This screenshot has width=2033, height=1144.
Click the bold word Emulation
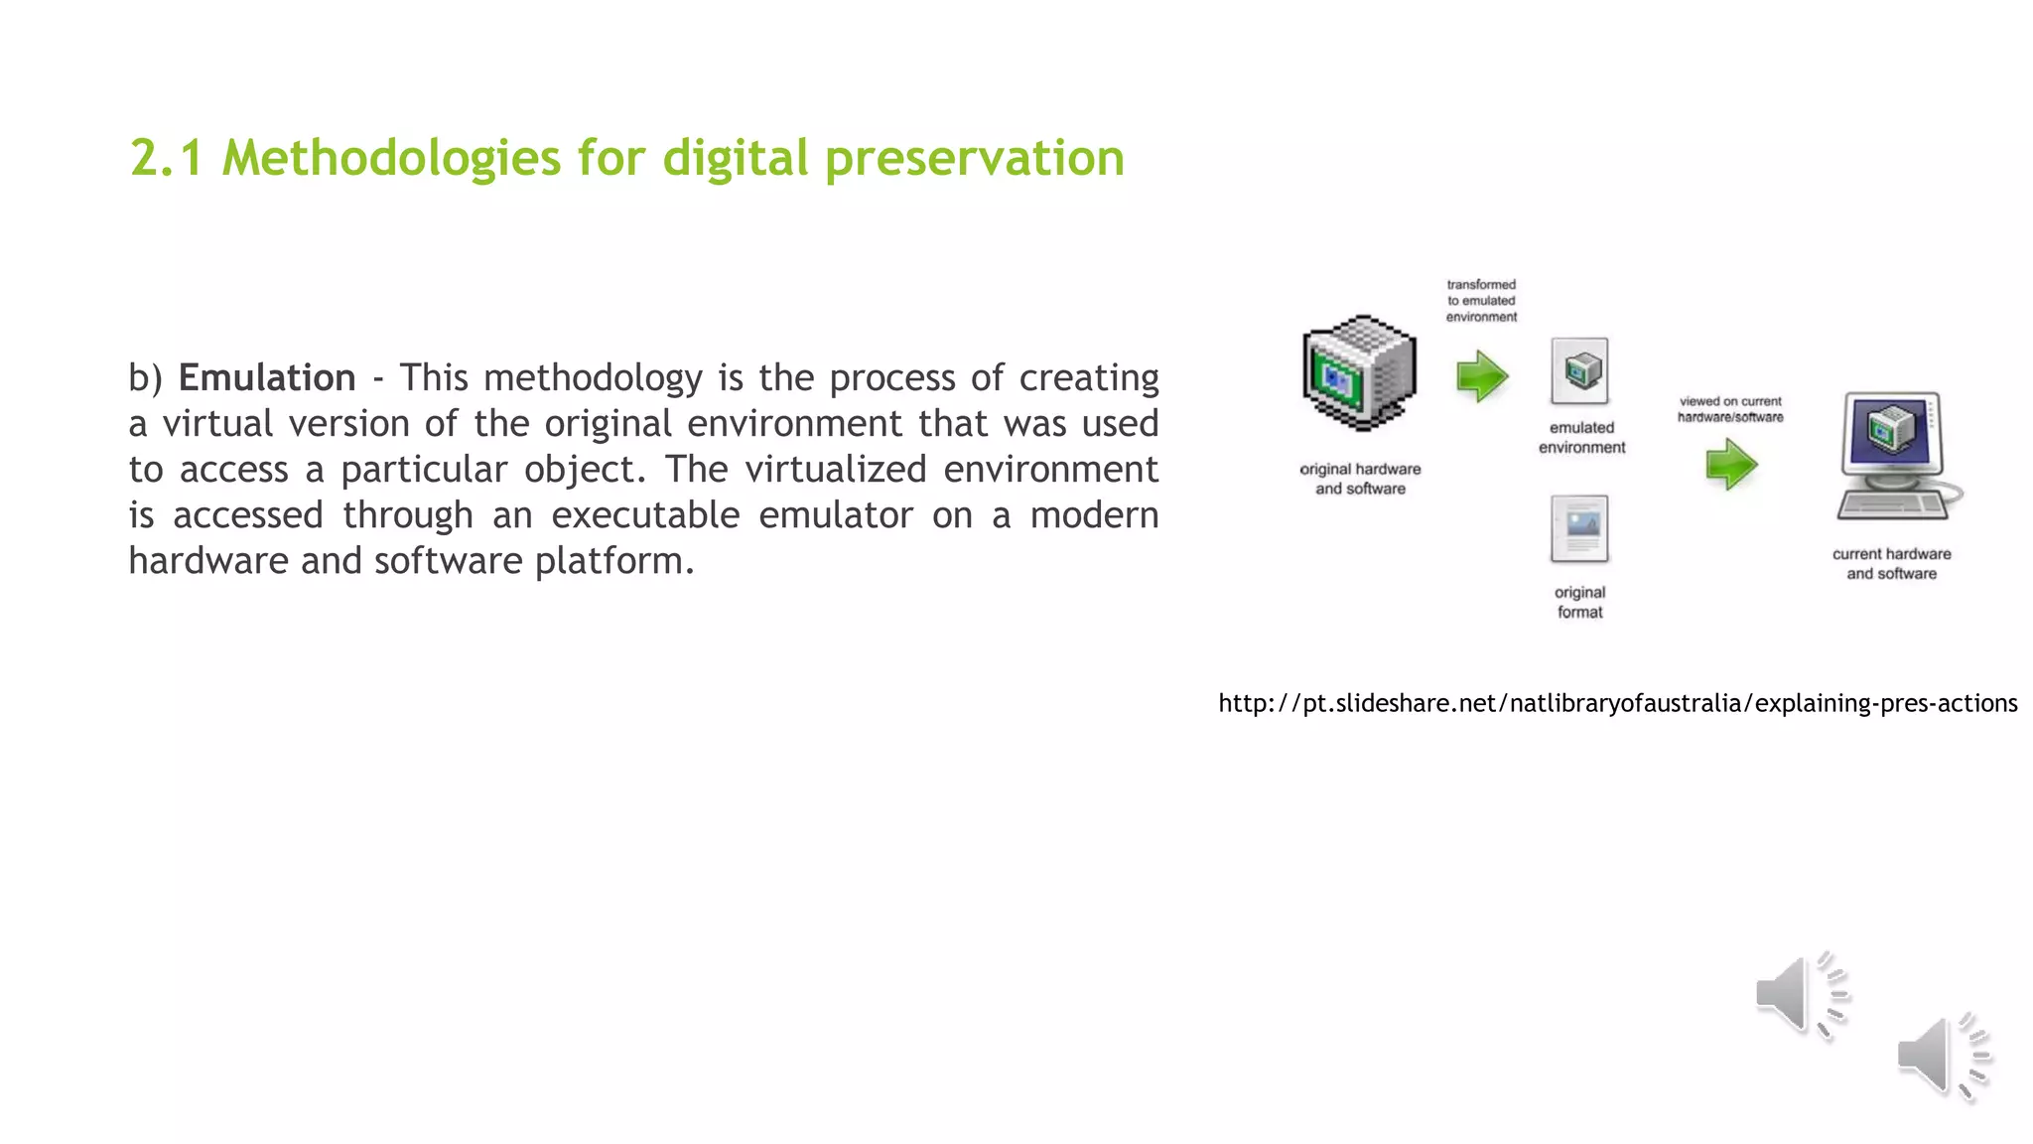[x=266, y=378]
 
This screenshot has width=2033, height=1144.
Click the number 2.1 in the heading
[x=166, y=159]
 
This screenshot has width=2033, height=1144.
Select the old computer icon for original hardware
[x=1359, y=373]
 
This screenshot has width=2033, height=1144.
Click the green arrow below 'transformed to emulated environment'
[x=1482, y=376]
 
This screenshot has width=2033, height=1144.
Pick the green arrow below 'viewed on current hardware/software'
[x=1731, y=465]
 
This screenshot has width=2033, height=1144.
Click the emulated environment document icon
[x=1580, y=370]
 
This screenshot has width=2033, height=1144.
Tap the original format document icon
[x=1579, y=528]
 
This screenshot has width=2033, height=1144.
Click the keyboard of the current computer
[x=1891, y=505]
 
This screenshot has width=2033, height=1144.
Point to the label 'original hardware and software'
[x=1360, y=479]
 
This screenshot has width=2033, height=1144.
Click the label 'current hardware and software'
[x=1891, y=564]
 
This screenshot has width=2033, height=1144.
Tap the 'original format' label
[x=1579, y=602]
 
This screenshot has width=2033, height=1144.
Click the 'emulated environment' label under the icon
[x=1581, y=438]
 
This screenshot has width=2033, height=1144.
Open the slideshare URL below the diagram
[x=1617, y=704]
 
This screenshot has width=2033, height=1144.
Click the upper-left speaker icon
[x=1800, y=995]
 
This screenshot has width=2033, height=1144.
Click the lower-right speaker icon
[x=1943, y=1057]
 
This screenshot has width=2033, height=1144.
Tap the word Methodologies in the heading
[x=391, y=159]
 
